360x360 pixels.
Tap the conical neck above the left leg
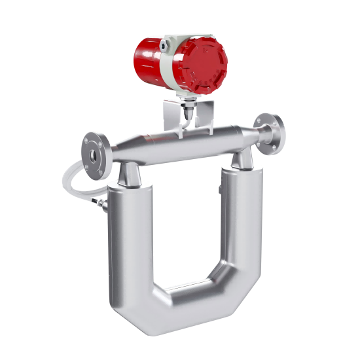129,173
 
